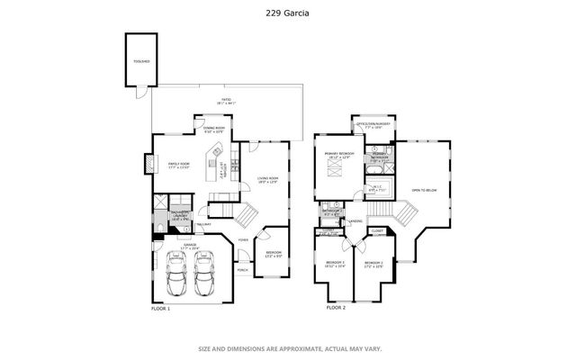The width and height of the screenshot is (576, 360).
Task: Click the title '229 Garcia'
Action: click(x=288, y=12)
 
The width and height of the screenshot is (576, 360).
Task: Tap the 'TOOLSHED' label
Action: click(x=141, y=61)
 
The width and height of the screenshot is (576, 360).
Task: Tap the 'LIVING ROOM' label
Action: click(x=267, y=180)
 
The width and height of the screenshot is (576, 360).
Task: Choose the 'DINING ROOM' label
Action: click(x=214, y=130)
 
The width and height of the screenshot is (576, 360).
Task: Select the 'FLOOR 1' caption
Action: click(x=160, y=308)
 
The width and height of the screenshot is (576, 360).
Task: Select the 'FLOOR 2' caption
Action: click(x=336, y=308)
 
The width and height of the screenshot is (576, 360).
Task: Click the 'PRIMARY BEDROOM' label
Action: click(x=338, y=156)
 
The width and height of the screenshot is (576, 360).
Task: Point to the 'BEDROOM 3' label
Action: click(x=335, y=264)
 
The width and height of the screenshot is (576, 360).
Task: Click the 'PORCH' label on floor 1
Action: click(x=241, y=269)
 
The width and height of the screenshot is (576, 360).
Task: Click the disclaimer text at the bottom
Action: click(x=288, y=348)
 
